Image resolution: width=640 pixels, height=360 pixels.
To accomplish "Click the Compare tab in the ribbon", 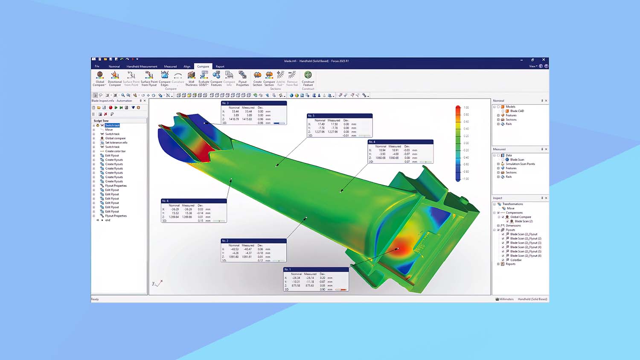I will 203,67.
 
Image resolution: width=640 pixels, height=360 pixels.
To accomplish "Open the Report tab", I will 220,67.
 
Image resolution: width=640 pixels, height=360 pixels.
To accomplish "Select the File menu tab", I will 97,67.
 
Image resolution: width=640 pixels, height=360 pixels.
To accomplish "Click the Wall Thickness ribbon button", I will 191,79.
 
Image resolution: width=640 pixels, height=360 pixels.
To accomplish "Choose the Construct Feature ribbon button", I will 308,79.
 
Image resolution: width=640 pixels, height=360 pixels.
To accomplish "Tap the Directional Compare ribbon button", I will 115,79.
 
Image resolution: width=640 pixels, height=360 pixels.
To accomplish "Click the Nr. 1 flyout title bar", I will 316,269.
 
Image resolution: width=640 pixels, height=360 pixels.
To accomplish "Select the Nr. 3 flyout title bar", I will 253,103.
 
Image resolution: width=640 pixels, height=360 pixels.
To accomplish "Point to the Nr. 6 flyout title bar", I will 194,201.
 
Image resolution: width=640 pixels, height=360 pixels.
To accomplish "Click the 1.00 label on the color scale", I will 466,107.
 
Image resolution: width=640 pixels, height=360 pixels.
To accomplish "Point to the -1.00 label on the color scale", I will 466,179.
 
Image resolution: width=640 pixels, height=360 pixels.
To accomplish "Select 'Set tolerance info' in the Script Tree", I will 116,142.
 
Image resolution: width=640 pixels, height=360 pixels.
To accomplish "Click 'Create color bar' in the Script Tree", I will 115,151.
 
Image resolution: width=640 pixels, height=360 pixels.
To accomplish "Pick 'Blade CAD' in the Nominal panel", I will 517,111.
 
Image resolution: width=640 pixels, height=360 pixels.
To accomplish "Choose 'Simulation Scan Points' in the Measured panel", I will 520,164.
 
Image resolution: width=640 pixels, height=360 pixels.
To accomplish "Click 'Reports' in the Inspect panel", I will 511,264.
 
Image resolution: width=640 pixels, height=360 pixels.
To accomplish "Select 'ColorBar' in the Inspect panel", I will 516,260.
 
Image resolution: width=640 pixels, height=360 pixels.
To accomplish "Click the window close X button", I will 544,60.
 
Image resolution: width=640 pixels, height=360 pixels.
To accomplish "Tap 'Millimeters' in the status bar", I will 506,299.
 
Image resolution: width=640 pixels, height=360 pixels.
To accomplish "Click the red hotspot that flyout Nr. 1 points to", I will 398,249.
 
